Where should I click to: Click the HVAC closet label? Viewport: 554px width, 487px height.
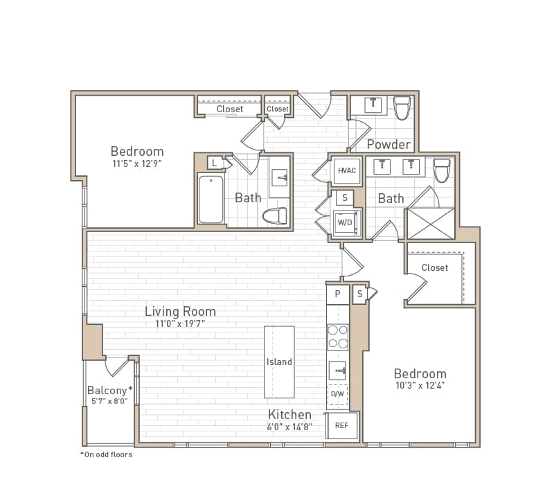pyautogui.click(x=346, y=170)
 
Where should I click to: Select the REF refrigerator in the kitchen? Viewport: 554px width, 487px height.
pyautogui.click(x=342, y=425)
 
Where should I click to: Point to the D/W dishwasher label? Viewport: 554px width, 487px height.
pyautogui.click(x=337, y=394)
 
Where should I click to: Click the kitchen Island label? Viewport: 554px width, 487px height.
pyautogui.click(x=279, y=362)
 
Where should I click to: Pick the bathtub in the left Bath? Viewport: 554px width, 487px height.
pyautogui.click(x=211, y=200)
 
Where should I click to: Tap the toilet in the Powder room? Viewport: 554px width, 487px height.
pyautogui.click(x=402, y=107)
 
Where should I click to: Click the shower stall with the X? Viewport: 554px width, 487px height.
pyautogui.click(x=431, y=223)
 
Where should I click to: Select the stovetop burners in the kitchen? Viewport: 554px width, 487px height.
pyautogui.click(x=337, y=337)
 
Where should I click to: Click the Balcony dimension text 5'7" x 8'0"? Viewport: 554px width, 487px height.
pyautogui.click(x=107, y=401)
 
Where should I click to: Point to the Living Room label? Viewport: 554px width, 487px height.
pyautogui.click(x=180, y=312)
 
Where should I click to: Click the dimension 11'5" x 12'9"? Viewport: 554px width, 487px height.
pyautogui.click(x=137, y=164)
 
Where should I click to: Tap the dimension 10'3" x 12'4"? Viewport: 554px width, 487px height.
pyautogui.click(x=420, y=386)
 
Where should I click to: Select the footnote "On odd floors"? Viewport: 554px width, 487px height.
pyautogui.click(x=107, y=454)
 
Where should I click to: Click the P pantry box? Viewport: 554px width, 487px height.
pyautogui.click(x=337, y=294)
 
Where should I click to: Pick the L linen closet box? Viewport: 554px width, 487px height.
pyautogui.click(x=215, y=162)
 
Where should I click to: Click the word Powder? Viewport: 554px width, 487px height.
pyautogui.click(x=388, y=144)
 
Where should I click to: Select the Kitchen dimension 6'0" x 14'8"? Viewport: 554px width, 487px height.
pyautogui.click(x=290, y=427)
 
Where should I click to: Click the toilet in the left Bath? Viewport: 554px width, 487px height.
pyautogui.click(x=275, y=216)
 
